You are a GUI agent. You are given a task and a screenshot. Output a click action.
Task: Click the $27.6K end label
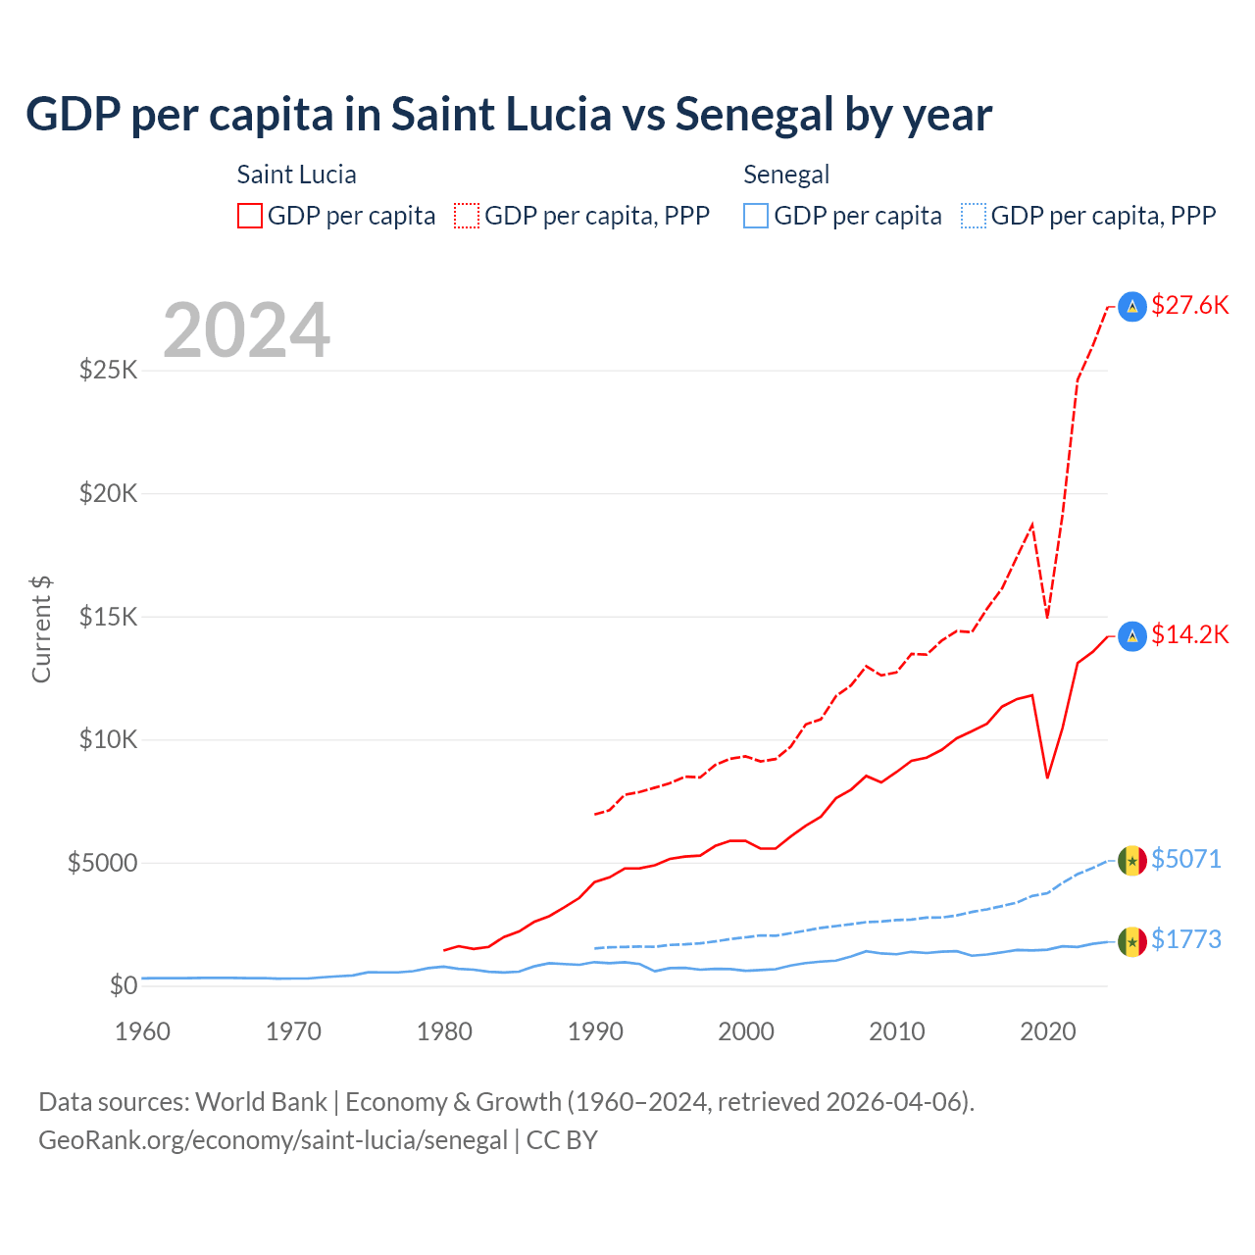(x=1189, y=305)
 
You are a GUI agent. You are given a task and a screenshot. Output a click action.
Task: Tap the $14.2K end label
(x=1189, y=634)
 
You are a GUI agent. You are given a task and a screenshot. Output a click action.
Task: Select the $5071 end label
(x=1186, y=859)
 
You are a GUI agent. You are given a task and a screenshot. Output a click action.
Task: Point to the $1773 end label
(x=1186, y=939)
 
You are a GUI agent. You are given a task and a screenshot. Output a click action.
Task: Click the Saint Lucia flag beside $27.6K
(x=1132, y=307)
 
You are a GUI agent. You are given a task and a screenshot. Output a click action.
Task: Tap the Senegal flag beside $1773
(x=1132, y=942)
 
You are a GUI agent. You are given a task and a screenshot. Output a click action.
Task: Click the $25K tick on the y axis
(x=108, y=371)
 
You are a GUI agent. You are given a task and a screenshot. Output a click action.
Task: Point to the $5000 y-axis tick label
(x=102, y=863)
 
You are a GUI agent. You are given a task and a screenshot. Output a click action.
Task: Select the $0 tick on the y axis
(x=123, y=985)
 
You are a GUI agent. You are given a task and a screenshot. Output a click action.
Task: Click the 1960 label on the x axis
(x=143, y=1031)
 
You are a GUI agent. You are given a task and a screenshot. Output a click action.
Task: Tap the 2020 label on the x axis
(x=1048, y=1031)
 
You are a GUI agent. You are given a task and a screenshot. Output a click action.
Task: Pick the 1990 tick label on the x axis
(x=595, y=1031)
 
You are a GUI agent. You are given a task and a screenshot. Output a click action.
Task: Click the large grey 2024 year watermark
(x=247, y=330)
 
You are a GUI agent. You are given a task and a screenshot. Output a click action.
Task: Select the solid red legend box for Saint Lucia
(x=250, y=216)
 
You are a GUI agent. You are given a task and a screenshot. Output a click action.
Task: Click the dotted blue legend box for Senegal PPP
(x=974, y=216)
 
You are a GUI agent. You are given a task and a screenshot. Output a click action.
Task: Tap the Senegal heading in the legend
(x=786, y=175)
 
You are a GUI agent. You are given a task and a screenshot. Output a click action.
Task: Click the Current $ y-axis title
(x=41, y=629)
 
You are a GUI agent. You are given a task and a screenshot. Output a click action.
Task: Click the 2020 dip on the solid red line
(x=1048, y=777)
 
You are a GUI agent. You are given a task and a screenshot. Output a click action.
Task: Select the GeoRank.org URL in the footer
(x=273, y=1140)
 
